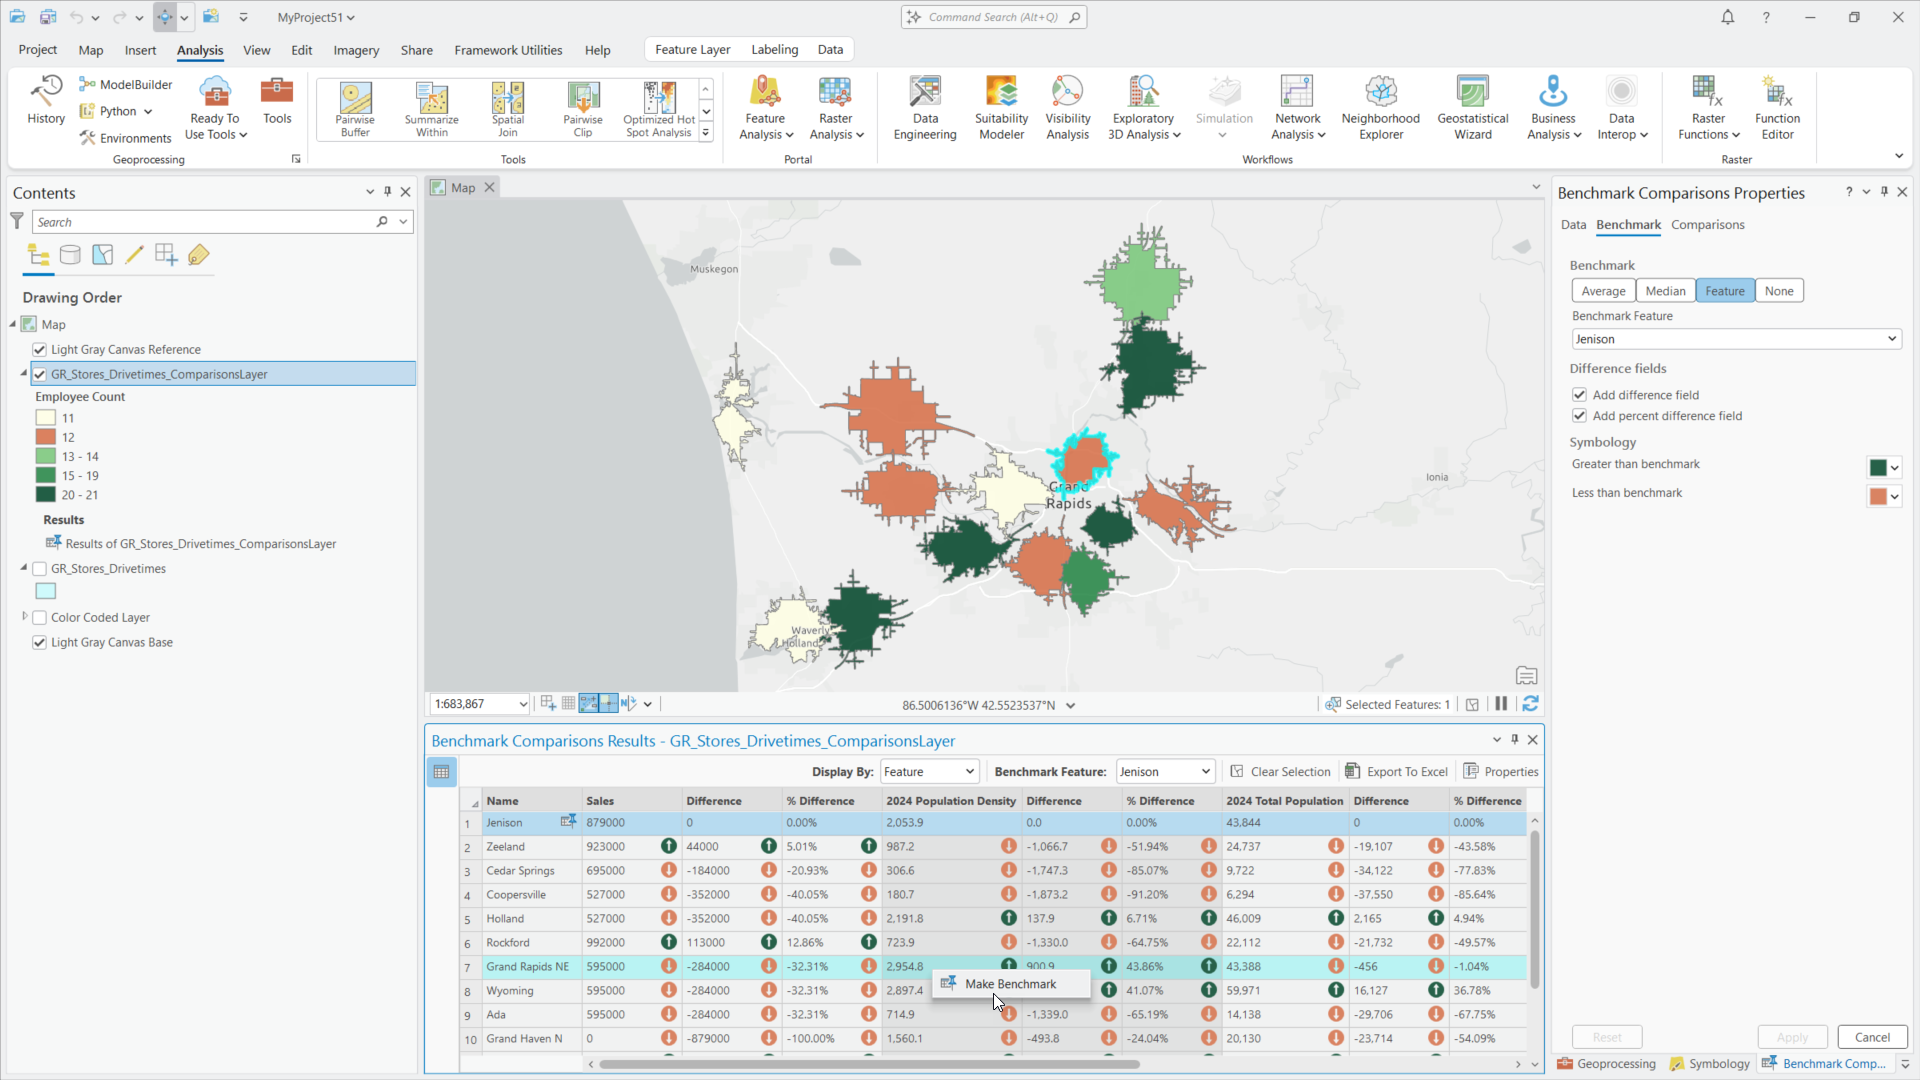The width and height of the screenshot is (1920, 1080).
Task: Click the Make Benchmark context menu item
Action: click(1010, 984)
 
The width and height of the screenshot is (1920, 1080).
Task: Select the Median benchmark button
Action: click(1665, 291)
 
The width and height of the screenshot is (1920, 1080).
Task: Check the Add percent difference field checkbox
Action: click(1580, 416)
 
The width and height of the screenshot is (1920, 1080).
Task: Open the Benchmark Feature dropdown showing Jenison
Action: click(1736, 339)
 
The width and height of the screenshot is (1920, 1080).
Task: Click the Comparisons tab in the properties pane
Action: click(1707, 225)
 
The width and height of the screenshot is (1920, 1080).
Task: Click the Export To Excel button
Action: click(1397, 772)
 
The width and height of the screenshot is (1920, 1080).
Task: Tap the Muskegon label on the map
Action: click(714, 269)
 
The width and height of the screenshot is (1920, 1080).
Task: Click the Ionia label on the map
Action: click(1437, 477)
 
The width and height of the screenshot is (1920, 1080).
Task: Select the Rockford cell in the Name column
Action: click(508, 943)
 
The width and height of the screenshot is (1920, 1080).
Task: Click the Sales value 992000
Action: click(606, 943)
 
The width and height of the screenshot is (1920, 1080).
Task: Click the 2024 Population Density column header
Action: click(950, 801)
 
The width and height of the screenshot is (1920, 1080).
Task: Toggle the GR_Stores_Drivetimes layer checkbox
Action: click(40, 569)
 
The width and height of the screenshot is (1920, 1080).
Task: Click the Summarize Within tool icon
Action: click(432, 100)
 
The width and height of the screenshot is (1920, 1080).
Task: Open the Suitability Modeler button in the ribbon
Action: click(1001, 108)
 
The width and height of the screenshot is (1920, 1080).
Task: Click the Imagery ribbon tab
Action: click(356, 50)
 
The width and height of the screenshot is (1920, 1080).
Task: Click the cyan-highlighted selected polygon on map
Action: click(1082, 458)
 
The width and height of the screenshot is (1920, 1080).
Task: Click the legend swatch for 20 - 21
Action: click(46, 495)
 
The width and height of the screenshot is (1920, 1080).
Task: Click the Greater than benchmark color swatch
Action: click(1878, 467)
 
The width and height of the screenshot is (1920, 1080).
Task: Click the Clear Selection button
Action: click(1280, 772)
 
